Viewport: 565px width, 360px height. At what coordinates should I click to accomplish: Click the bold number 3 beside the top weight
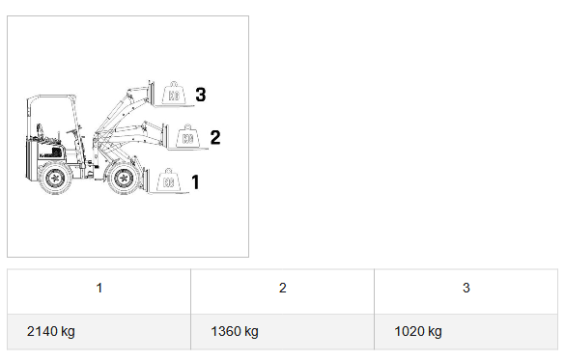(201, 95)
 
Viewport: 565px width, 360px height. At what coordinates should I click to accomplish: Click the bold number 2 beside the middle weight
(215, 137)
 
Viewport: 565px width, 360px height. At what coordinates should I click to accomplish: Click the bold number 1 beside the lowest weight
(196, 181)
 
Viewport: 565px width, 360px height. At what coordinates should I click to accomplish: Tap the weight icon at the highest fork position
(174, 94)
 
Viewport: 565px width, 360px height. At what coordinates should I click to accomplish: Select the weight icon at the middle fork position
(187, 136)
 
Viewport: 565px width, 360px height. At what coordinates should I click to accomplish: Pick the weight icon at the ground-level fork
(169, 180)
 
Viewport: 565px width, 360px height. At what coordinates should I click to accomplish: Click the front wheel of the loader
(124, 178)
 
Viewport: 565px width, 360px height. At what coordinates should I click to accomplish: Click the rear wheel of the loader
(55, 178)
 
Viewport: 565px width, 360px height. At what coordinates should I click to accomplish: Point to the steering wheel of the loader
(73, 129)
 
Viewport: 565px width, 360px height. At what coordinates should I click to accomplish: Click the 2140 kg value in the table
(51, 331)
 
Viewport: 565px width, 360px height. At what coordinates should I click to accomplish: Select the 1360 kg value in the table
(235, 331)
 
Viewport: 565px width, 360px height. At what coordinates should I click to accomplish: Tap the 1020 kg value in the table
(418, 331)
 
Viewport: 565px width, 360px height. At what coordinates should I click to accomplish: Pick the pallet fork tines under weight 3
(175, 106)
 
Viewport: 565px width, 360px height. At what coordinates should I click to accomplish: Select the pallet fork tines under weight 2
(188, 149)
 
